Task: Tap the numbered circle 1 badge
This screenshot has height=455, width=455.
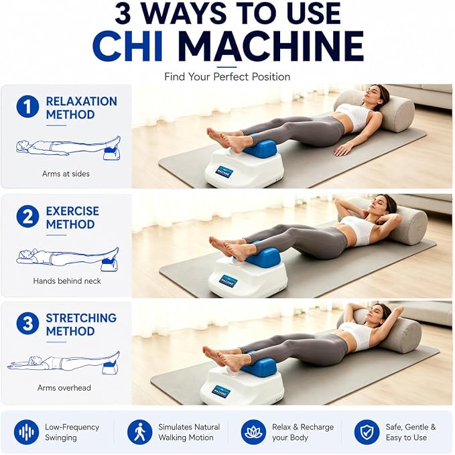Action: coord(27,107)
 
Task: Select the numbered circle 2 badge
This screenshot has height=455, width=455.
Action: coord(27,216)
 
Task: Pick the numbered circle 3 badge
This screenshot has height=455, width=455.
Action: coord(27,323)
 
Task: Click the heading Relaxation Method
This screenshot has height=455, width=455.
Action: coord(81,108)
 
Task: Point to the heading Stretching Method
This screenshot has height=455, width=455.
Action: coord(81,324)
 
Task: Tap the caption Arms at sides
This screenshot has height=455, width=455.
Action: coord(66,174)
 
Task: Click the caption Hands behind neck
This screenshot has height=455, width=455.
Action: coord(67,281)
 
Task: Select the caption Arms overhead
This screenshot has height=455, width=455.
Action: coord(64,388)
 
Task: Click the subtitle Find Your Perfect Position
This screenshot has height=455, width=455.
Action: coord(227,77)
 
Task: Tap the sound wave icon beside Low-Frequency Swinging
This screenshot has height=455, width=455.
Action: coord(26,432)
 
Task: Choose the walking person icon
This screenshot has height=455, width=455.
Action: coord(139,432)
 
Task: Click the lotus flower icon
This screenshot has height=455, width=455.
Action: coord(253,432)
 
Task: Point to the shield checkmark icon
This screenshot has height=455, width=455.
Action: coord(367,432)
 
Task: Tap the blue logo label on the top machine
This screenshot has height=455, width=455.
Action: coord(224,172)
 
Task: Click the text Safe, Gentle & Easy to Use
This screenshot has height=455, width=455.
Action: coord(411,432)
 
